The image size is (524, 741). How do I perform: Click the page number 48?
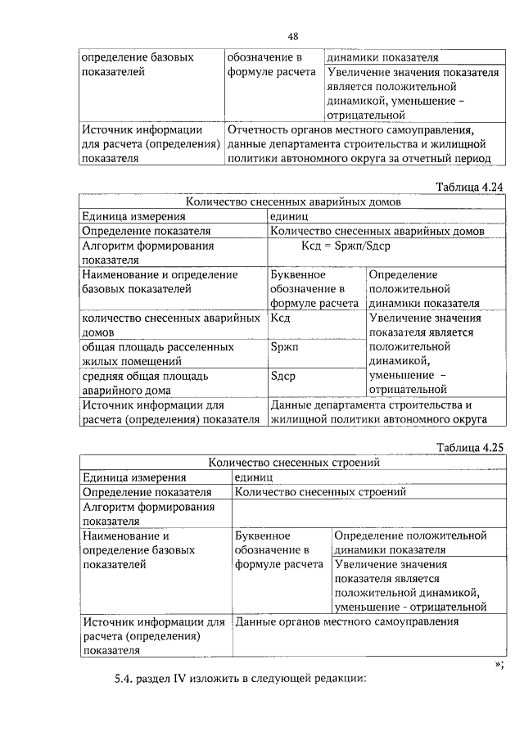[x=292, y=36]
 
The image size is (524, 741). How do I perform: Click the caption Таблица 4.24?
[x=468, y=187]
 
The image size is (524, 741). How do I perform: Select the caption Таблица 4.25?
[x=468, y=447]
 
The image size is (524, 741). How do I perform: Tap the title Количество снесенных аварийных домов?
[x=293, y=201]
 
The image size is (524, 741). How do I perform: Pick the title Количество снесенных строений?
[x=293, y=462]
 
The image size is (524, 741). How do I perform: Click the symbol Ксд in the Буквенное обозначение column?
[x=280, y=319]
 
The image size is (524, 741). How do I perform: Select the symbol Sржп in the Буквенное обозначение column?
[x=283, y=347]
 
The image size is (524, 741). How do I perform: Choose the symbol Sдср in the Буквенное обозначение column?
[x=282, y=377]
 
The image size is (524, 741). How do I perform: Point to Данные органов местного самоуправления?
[x=346, y=622]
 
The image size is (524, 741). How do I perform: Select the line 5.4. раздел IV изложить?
[x=238, y=680]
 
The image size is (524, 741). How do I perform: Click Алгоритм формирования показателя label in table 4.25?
[x=147, y=513]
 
